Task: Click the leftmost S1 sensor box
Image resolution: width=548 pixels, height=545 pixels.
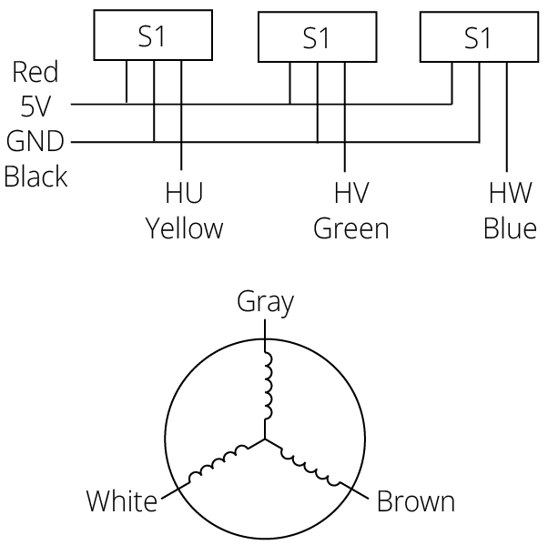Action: point(153,35)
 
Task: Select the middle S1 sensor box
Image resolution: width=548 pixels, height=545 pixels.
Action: point(315,38)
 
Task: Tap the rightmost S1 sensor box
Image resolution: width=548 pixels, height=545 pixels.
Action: point(477,38)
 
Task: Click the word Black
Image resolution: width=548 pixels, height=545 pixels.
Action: point(36,176)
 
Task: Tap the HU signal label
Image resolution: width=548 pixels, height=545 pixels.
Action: point(184,194)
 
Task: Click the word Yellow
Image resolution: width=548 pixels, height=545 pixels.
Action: point(185,228)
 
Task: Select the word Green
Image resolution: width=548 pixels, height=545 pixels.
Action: point(350,228)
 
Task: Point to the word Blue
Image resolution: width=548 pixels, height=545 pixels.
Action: point(510,228)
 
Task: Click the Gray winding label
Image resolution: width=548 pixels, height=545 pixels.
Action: point(266,302)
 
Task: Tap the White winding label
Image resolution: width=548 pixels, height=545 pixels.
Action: point(122,500)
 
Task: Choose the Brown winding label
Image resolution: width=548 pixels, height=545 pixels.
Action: point(416,500)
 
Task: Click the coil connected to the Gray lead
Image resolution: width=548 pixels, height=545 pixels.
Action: point(267,382)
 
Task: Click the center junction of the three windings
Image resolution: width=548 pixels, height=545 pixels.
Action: point(267,439)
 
